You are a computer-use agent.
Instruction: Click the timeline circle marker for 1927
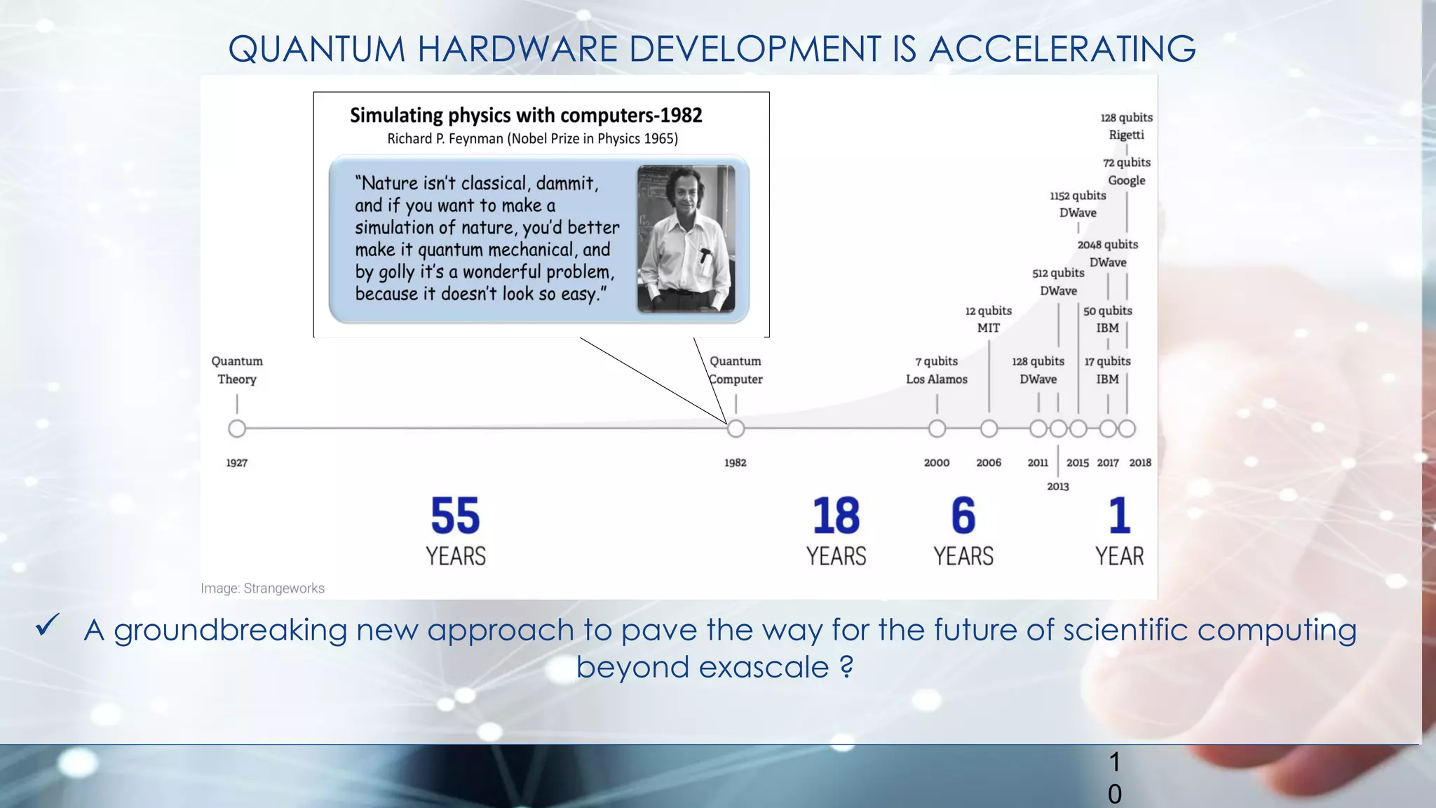tap(237, 428)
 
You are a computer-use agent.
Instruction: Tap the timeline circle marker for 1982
tap(736, 428)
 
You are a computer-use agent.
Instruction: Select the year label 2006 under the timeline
tap(989, 463)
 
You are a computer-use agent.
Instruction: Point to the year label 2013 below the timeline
tap(1058, 486)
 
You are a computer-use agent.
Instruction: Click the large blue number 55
tap(455, 516)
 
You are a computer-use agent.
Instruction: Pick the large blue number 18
tap(836, 516)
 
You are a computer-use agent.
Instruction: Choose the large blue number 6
tap(963, 516)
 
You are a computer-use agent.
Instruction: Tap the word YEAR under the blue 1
tap(1119, 556)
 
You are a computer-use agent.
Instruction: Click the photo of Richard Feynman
tap(686, 238)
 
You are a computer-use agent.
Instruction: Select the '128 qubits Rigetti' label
tap(1126, 126)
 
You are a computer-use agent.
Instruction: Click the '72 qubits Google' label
tap(1126, 171)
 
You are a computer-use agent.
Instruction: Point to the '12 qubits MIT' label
tap(989, 319)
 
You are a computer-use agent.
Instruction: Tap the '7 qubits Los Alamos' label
tap(937, 370)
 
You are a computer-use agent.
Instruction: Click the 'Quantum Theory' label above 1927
tap(237, 370)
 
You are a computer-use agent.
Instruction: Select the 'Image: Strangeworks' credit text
tap(262, 588)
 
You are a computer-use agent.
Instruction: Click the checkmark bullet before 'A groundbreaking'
tap(48, 624)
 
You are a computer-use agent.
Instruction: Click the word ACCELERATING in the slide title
tap(1062, 49)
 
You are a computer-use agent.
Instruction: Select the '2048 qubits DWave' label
tap(1108, 253)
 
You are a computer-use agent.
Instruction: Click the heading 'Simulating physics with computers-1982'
tap(526, 115)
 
